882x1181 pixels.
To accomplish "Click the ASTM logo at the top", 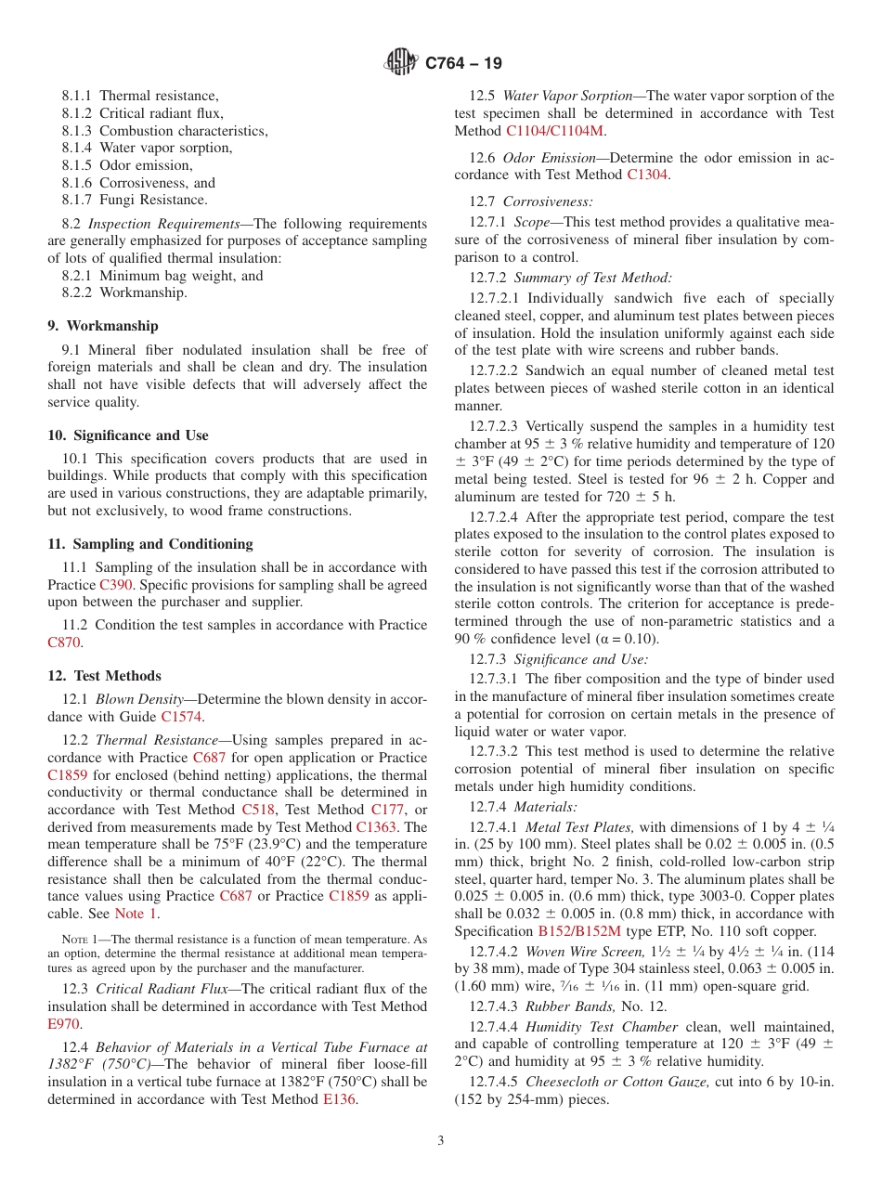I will tap(402, 63).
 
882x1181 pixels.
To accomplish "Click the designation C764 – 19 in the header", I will tap(463, 63).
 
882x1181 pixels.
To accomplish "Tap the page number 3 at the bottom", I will tap(441, 1141).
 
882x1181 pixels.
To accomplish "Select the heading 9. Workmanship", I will tap(102, 326).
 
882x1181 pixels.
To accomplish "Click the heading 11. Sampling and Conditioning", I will tap(149, 544).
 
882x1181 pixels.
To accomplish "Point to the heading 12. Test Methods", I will tap(104, 676).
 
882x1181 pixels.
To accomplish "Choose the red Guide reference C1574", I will tap(181, 717).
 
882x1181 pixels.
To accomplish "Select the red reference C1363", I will tap(378, 826).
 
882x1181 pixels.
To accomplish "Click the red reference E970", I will tap(64, 1024).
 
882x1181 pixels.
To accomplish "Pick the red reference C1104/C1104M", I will tap(554, 131).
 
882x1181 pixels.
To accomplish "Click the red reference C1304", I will tap(646, 175).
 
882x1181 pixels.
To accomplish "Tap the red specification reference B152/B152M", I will tap(579, 931).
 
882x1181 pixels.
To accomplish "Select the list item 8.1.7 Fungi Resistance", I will tap(135, 200).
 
